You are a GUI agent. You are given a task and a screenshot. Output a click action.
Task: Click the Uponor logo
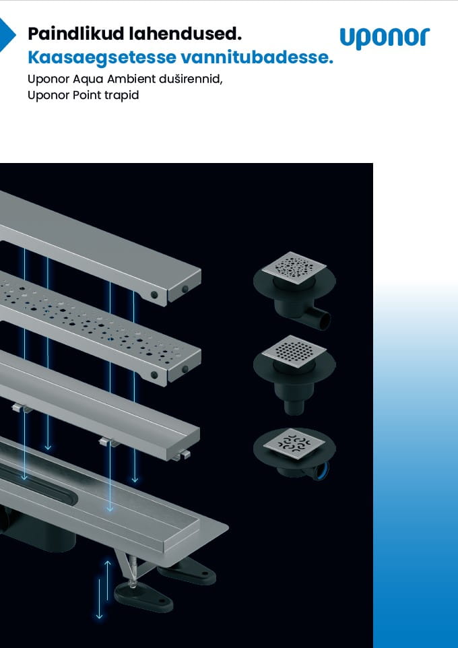(385, 38)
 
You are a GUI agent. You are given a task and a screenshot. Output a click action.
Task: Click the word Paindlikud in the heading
(75, 34)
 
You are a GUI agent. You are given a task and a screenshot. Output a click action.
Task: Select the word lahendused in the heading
(185, 34)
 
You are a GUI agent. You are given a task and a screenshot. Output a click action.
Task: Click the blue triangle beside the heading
(6, 35)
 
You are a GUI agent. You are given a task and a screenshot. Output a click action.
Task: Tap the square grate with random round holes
(294, 267)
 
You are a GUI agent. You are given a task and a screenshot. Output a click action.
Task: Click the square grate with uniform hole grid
(294, 351)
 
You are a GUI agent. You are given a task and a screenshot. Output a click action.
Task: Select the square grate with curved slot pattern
(294, 445)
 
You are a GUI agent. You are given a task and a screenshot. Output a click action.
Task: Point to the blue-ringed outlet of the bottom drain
(321, 471)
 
